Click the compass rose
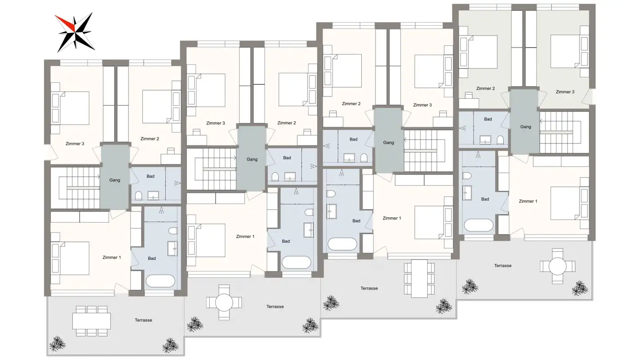click(x=74, y=32)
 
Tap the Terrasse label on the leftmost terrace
click(x=143, y=320)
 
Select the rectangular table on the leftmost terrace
click(x=92, y=320)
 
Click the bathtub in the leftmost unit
click(x=160, y=281)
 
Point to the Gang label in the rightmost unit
click(x=525, y=127)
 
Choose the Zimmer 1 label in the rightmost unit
click(x=528, y=201)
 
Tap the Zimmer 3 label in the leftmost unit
click(x=75, y=144)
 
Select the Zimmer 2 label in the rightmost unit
click(x=485, y=88)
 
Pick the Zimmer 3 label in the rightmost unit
click(x=565, y=92)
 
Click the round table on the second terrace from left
click(x=224, y=303)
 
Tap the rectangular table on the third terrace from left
click(x=419, y=279)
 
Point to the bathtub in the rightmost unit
click(x=479, y=225)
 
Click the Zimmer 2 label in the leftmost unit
click(x=149, y=139)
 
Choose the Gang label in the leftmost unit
click(x=115, y=180)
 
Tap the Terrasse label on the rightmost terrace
click(x=503, y=265)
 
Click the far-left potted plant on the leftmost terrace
click(x=57, y=343)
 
